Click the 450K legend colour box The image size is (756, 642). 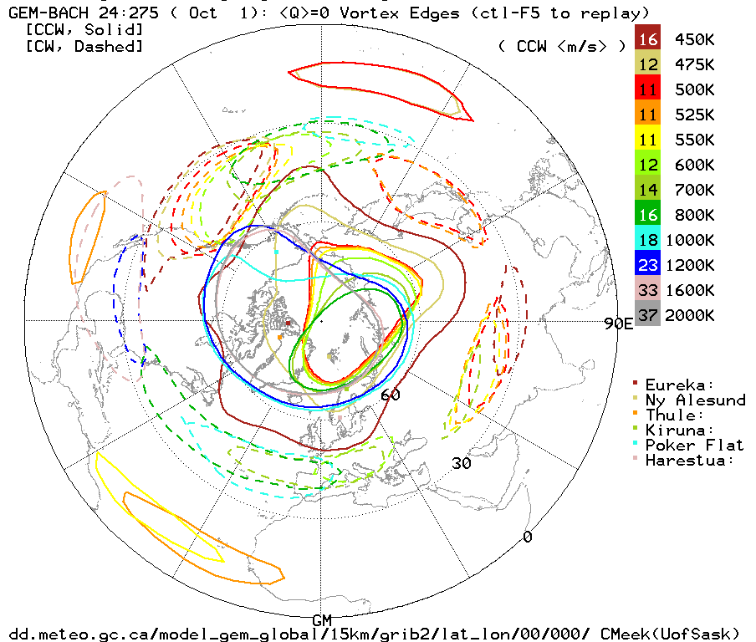tap(647, 39)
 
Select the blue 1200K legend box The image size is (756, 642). tap(647, 265)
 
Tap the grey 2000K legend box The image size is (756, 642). tap(647, 315)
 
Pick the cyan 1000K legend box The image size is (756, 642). tap(647, 240)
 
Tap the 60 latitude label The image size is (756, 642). tap(391, 395)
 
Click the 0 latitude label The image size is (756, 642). tap(527, 536)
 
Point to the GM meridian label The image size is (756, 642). tap(322, 619)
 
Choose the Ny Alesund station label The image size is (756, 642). tap(695, 400)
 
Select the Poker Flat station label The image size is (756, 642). tap(695, 445)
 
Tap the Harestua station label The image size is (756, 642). tap(690, 460)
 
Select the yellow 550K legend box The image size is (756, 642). tap(647, 140)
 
